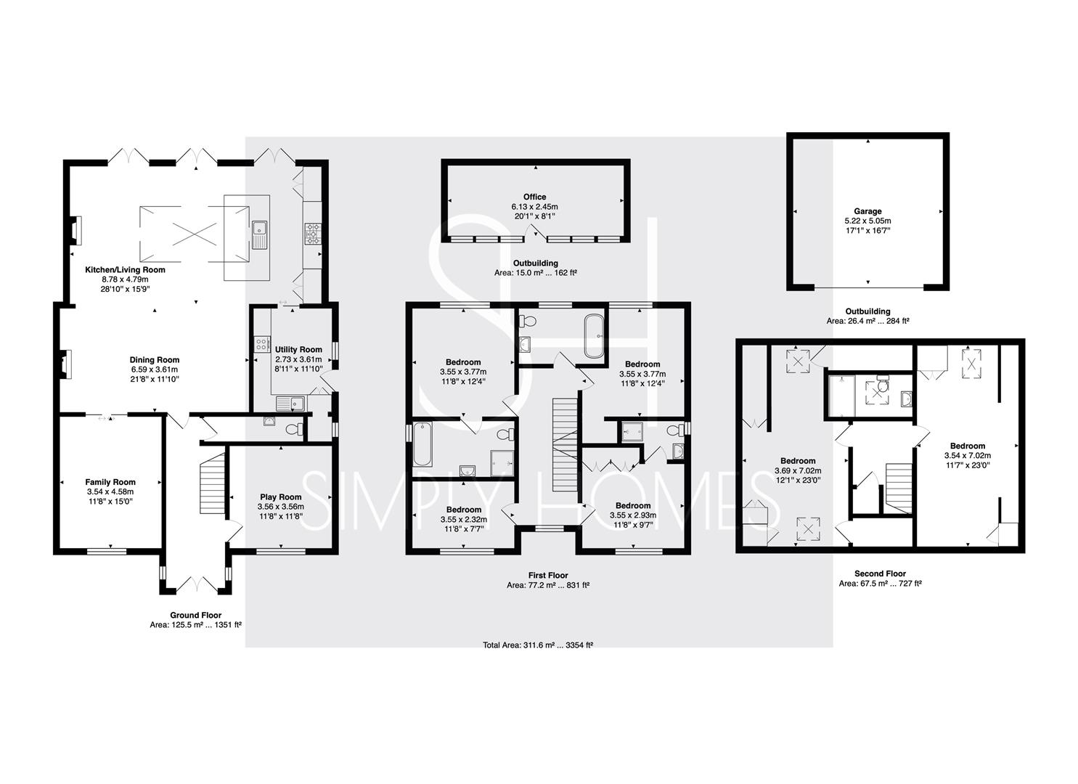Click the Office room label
(535, 197)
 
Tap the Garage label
(867, 211)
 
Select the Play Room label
(280, 497)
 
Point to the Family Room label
(110, 482)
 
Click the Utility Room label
(298, 349)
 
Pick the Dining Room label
(155, 359)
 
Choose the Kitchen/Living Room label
(125, 269)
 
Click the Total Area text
(538, 645)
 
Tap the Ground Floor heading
(195, 615)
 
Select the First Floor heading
(548, 575)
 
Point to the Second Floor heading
(881, 573)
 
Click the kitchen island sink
(259, 235)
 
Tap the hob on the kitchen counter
(313, 234)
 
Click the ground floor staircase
(212, 483)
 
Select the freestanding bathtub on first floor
(595, 336)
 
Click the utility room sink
(290, 404)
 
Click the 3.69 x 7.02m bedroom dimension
(798, 470)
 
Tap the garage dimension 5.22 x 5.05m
(867, 221)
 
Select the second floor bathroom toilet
(883, 385)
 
